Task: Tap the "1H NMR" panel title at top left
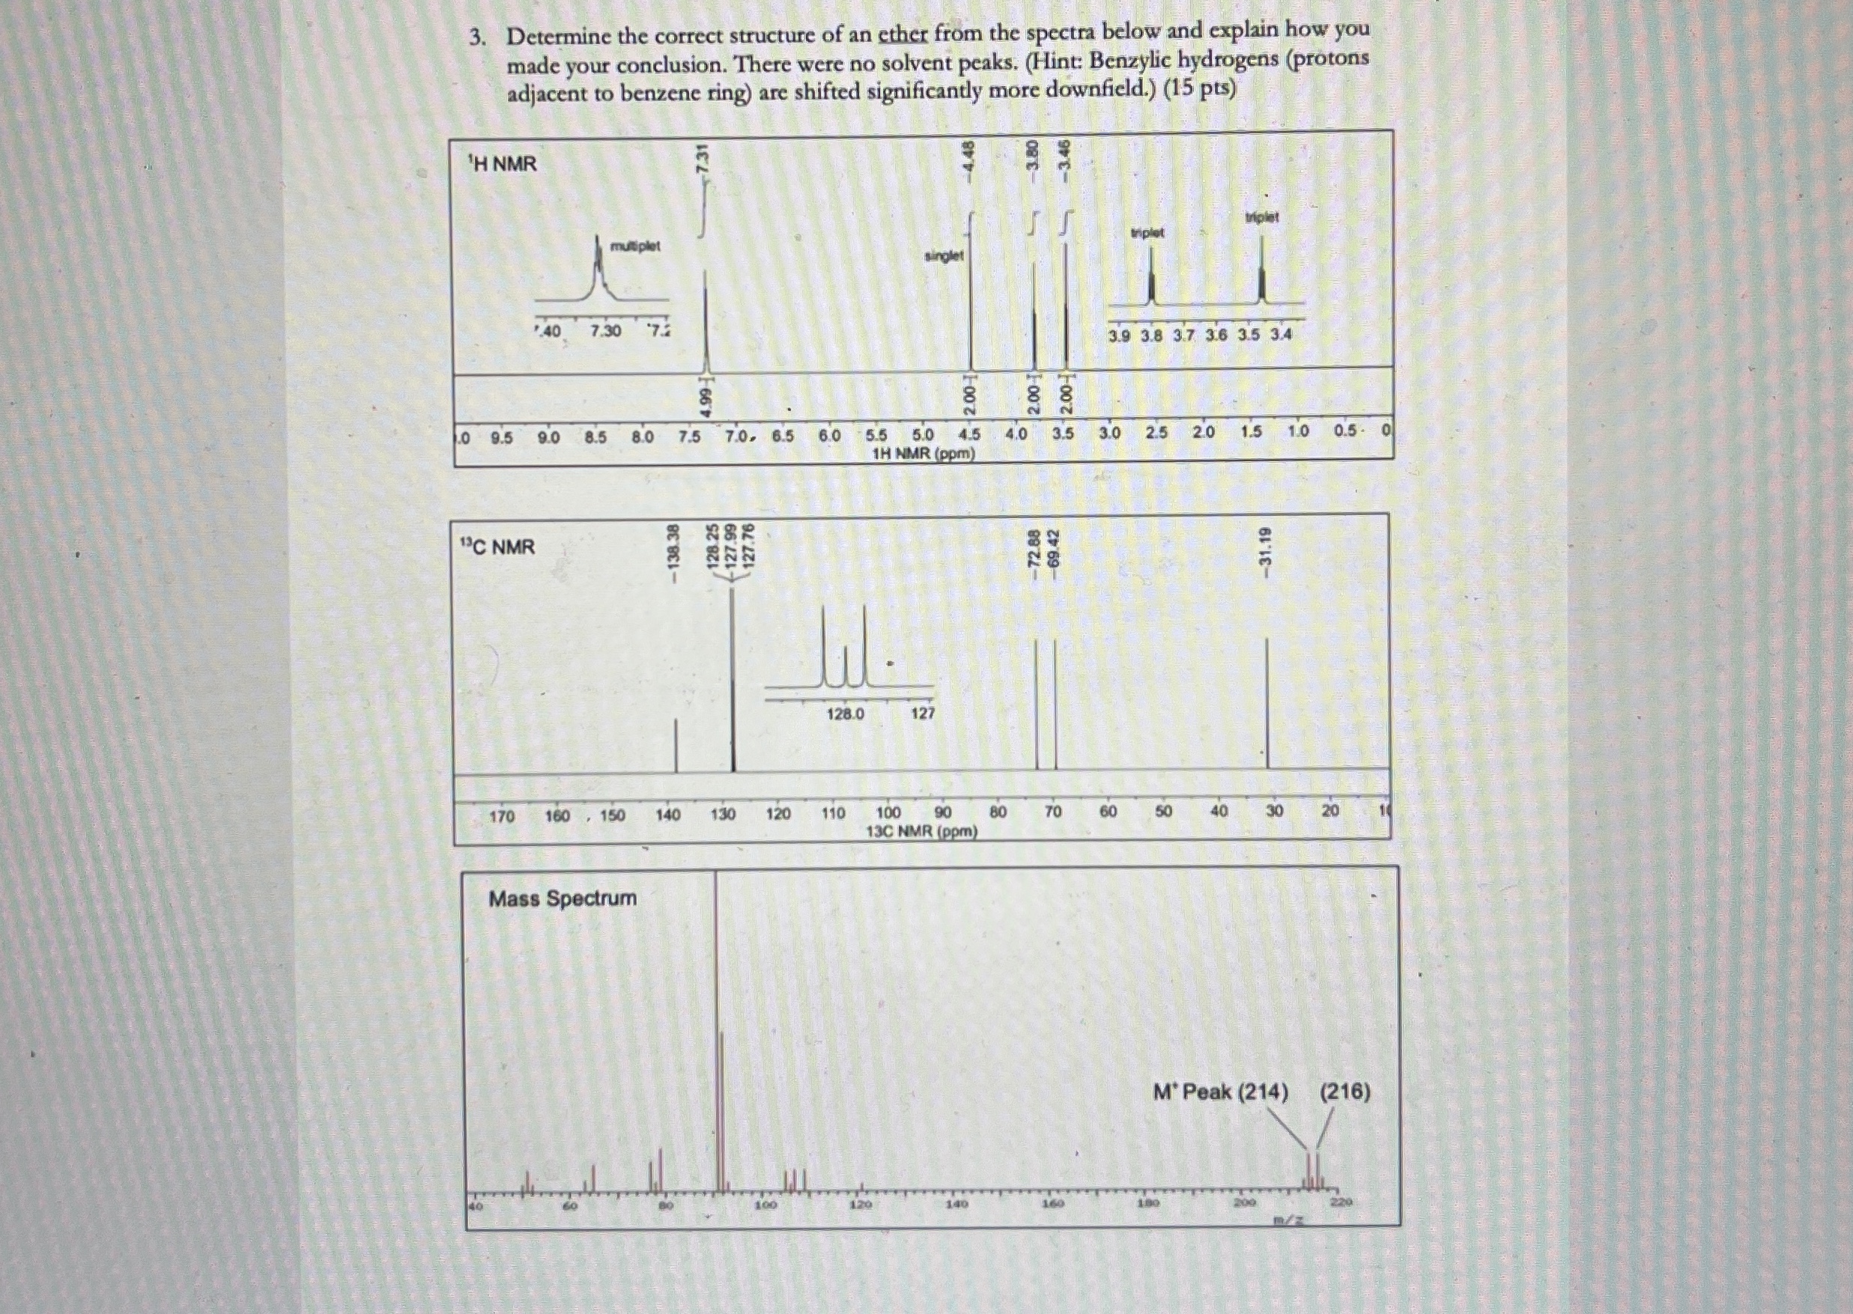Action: pos(503,164)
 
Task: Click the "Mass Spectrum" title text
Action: pos(562,898)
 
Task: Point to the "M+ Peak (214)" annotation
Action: pos(1220,1092)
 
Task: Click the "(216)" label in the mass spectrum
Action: pos(1345,1092)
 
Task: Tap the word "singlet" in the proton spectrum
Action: pos(944,255)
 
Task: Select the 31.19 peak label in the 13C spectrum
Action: pos(1267,547)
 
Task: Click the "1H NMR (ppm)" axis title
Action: pos(924,454)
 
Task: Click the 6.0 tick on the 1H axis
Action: pos(829,435)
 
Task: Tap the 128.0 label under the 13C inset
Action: pos(845,714)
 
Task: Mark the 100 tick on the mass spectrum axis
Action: pos(765,1205)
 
